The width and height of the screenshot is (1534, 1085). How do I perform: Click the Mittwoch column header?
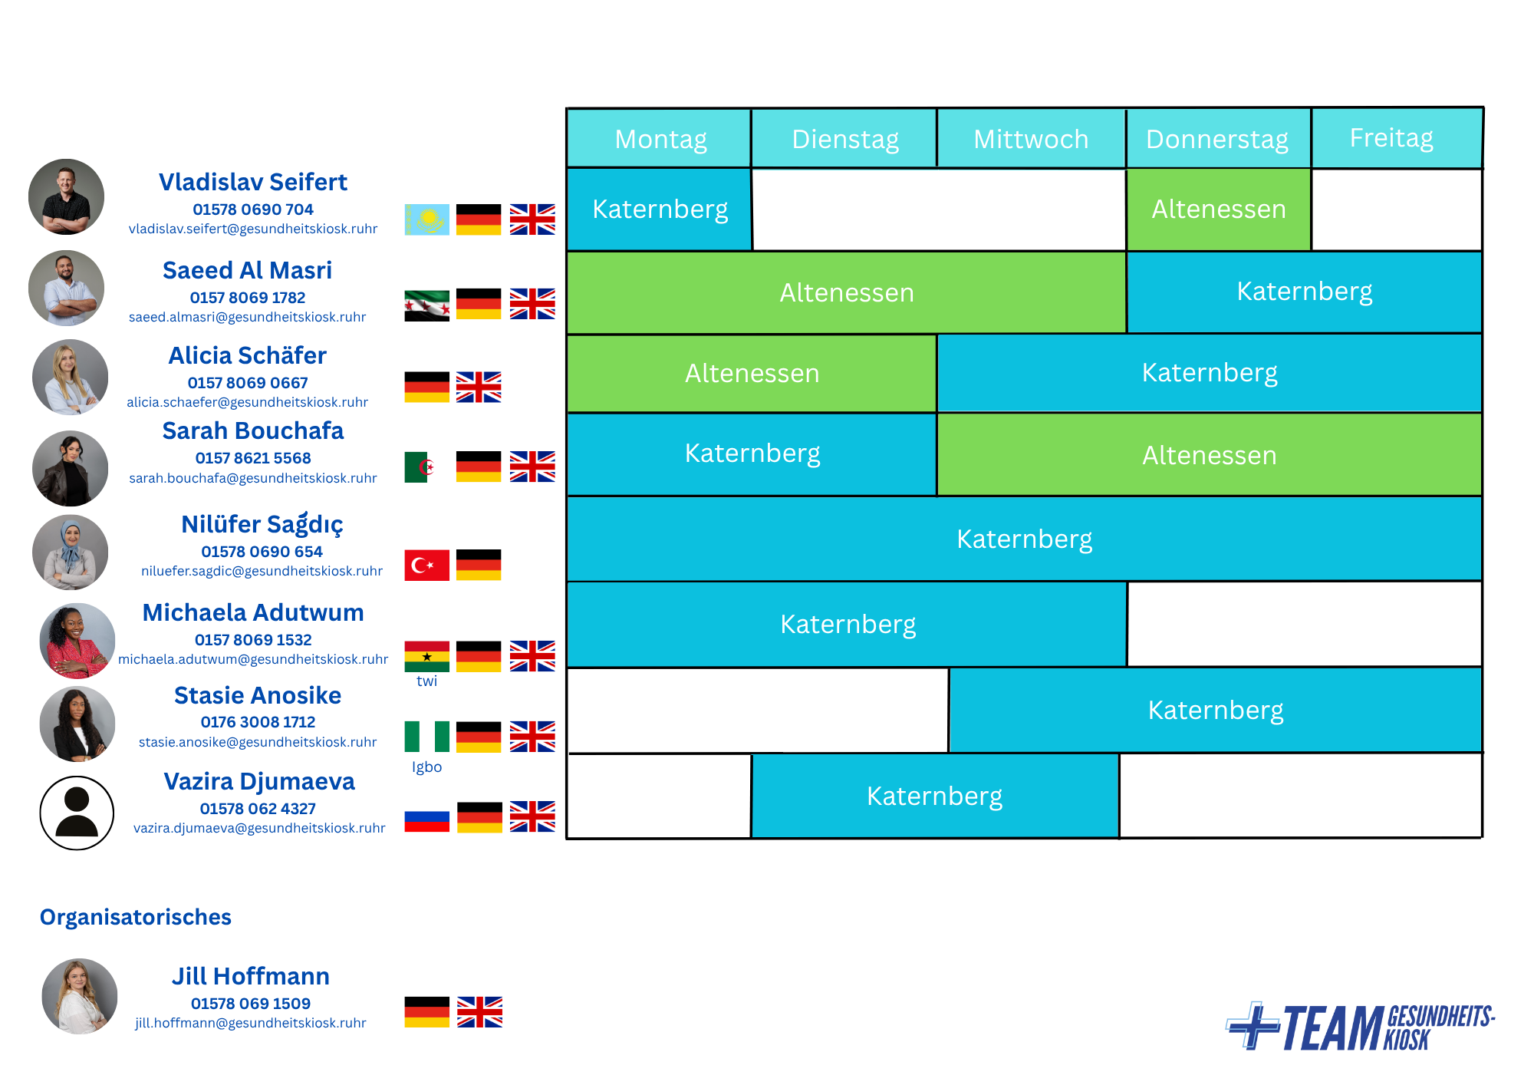point(1031,139)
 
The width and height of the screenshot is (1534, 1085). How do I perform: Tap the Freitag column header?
point(1397,138)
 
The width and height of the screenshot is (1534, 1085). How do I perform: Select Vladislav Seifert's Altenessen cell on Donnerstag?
point(1219,209)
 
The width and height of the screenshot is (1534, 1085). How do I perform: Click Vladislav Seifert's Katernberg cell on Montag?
point(660,209)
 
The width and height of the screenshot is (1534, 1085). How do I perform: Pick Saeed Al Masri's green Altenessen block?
point(847,292)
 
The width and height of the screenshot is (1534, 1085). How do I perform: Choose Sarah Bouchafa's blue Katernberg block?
point(752,453)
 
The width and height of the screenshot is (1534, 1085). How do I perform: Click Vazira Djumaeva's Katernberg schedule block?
point(935,796)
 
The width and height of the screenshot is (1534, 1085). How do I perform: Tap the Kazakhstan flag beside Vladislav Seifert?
point(427,219)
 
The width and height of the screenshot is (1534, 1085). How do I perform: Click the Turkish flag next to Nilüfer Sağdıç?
point(427,565)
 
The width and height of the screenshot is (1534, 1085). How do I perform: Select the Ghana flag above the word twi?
point(427,656)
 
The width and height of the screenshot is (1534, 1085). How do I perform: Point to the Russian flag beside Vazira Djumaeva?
point(427,816)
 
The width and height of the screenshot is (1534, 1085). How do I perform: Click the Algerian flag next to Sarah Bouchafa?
point(420,467)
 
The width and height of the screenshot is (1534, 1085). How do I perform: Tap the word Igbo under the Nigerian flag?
point(426,767)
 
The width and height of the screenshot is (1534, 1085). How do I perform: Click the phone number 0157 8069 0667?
point(248,382)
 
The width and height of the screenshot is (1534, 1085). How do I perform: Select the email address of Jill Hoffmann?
point(251,1023)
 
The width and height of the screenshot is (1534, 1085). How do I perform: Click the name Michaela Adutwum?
point(253,612)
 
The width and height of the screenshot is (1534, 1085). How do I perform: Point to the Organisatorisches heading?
point(136,917)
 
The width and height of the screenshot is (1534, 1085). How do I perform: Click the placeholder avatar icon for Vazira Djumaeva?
point(77,813)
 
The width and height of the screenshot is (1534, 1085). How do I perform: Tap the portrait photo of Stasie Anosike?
point(77,724)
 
